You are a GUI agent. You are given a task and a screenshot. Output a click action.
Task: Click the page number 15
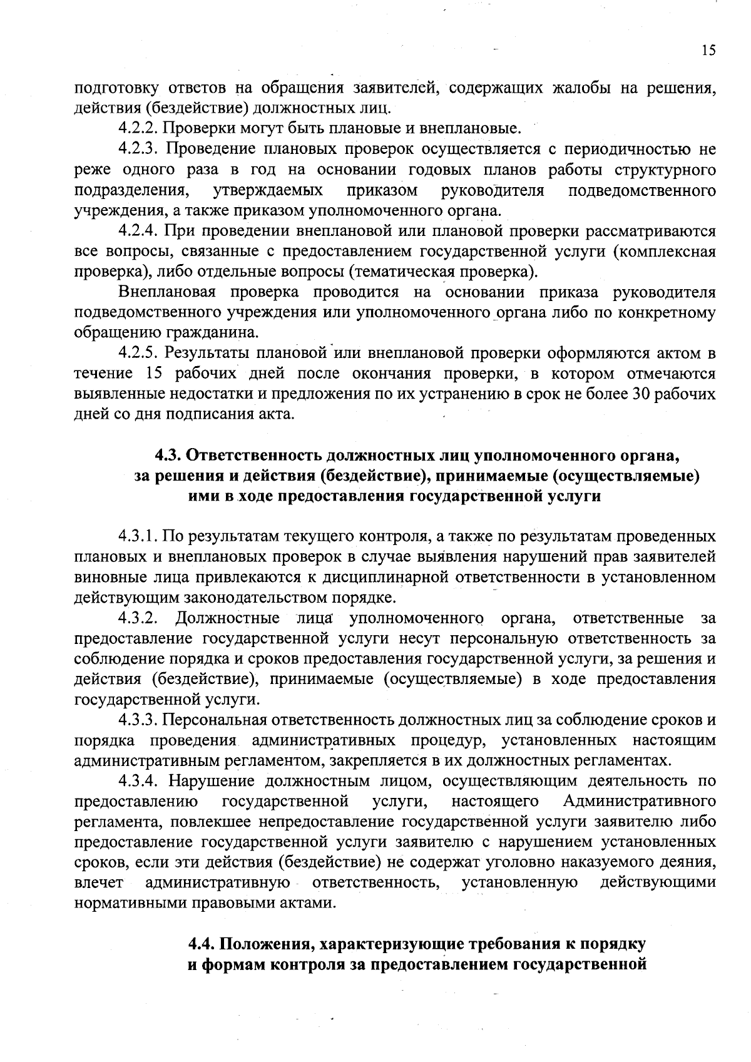coord(708,51)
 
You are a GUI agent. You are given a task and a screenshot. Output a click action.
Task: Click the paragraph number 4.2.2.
coord(137,129)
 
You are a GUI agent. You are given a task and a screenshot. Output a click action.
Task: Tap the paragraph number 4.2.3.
coord(137,150)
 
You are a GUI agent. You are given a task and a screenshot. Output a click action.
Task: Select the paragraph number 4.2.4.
coord(137,231)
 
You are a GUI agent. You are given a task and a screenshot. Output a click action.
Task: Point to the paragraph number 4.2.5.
coord(137,354)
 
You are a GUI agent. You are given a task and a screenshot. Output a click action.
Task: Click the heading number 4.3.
coord(168,455)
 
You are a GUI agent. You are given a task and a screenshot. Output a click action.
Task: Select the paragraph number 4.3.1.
coord(137,537)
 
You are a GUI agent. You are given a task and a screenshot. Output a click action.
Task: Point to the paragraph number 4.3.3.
coord(137,720)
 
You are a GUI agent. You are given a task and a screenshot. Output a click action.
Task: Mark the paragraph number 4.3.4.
coord(137,781)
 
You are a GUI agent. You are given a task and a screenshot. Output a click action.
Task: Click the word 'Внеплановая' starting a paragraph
coord(167,292)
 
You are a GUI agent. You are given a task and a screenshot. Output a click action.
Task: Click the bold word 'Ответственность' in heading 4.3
coord(254,455)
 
